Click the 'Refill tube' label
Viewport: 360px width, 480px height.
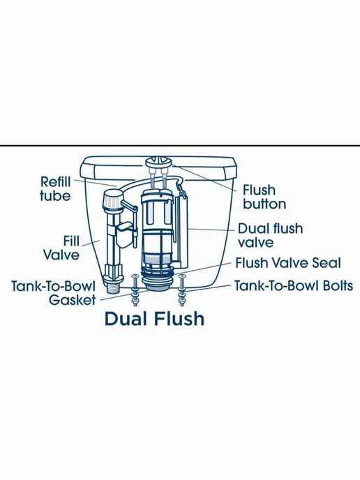pyautogui.click(x=55, y=189)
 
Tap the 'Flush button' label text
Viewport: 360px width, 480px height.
pyautogui.click(x=264, y=197)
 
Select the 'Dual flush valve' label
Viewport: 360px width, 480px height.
pyautogui.click(x=270, y=236)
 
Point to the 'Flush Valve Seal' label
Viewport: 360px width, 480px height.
pyautogui.click(x=287, y=263)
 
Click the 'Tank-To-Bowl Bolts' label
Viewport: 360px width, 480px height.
pyautogui.click(x=294, y=286)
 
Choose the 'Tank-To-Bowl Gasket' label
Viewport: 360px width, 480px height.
pyautogui.click(x=54, y=293)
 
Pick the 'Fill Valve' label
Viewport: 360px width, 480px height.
pyautogui.click(x=61, y=248)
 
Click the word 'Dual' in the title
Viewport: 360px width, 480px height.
pyautogui.click(x=126, y=318)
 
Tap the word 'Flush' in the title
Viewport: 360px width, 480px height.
pyautogui.click(x=179, y=318)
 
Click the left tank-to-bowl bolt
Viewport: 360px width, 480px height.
pyautogui.click(x=135, y=290)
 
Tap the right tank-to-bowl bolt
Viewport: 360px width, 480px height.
pyautogui.click(x=182, y=290)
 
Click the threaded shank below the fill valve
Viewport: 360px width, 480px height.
pyautogui.click(x=114, y=288)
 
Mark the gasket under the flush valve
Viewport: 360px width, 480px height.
pyautogui.click(x=158, y=283)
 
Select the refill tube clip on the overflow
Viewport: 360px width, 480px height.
pyautogui.click(x=181, y=189)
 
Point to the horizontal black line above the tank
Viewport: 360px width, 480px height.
pyautogui.click(x=180, y=145)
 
